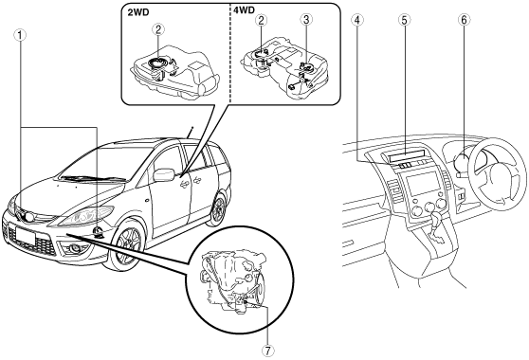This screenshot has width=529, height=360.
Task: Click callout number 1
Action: [20, 35]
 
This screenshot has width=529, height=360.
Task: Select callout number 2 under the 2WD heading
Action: [158, 30]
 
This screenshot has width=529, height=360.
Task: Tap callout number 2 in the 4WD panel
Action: [261, 20]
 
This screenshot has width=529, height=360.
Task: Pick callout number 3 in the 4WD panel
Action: [306, 20]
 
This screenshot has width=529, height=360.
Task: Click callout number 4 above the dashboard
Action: [357, 20]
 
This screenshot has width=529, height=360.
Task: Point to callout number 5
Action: [404, 20]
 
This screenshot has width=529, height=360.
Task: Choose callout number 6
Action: [464, 20]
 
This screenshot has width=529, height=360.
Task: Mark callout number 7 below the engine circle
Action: [267, 351]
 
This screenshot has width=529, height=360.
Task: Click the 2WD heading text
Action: [138, 12]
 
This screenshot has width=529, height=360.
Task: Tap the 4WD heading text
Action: [244, 10]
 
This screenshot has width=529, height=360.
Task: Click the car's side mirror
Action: [164, 174]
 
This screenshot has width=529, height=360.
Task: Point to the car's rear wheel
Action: [218, 208]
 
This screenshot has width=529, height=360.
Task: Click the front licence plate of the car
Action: [25, 236]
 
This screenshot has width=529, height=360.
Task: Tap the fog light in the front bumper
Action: [74, 249]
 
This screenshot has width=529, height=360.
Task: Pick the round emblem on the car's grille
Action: [30, 217]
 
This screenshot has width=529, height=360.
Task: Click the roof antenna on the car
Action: [190, 133]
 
